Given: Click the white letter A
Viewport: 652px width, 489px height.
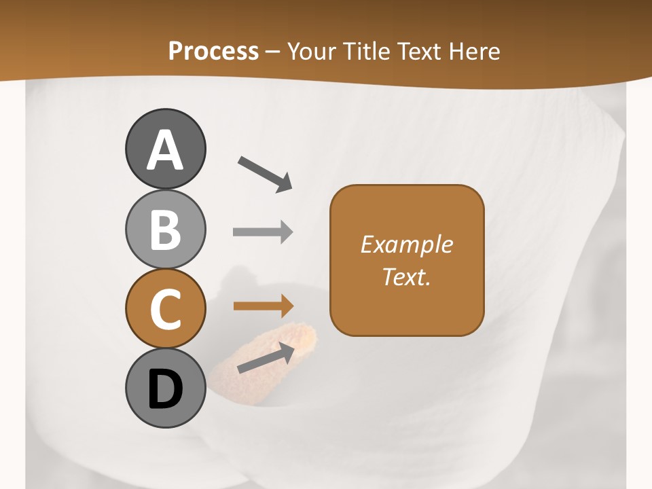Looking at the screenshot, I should click(165, 150).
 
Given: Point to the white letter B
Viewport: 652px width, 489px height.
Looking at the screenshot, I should click(165, 230).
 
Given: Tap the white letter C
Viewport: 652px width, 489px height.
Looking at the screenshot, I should click(165, 309).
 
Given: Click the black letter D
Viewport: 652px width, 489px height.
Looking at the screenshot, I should click(165, 388).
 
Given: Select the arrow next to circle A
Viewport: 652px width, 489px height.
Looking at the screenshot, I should click(265, 174).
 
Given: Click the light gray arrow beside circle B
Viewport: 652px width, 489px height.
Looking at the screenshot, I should click(263, 232).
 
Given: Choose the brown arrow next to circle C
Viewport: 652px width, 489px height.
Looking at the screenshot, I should click(263, 306).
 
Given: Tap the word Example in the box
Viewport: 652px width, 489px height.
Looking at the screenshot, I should click(407, 244).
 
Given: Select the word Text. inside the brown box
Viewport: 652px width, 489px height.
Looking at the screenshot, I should click(407, 277).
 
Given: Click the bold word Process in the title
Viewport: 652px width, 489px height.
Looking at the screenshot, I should click(213, 52).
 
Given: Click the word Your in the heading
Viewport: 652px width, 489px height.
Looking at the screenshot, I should click(311, 52).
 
